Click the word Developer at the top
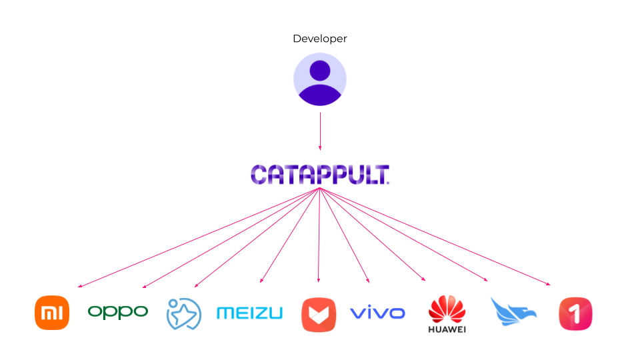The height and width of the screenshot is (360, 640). point(320,39)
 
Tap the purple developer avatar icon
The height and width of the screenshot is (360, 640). point(320,80)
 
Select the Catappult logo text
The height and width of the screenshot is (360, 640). point(320,175)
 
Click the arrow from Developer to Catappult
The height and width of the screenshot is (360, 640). point(320,131)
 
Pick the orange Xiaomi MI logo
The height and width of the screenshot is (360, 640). point(52,313)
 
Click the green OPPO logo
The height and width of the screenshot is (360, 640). point(118,311)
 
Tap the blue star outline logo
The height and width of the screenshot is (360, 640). point(183,313)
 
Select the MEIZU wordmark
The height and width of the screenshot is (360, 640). point(249,313)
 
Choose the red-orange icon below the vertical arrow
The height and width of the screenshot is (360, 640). point(319,314)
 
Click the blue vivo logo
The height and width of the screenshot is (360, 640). point(377,312)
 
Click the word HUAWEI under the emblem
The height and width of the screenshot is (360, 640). point(447,329)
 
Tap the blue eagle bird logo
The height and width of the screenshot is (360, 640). point(513,311)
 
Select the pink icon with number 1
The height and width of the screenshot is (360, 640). point(575,313)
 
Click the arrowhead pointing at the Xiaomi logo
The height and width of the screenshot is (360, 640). point(79,287)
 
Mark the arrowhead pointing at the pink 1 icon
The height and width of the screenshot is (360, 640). point(549,285)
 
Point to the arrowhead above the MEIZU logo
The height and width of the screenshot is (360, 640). point(261,281)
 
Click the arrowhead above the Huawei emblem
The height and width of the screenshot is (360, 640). point(424,279)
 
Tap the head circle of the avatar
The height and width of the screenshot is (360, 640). point(320,70)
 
